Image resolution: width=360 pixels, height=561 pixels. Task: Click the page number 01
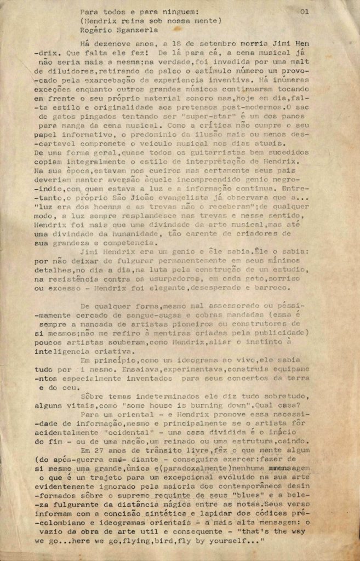pos(305,11)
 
